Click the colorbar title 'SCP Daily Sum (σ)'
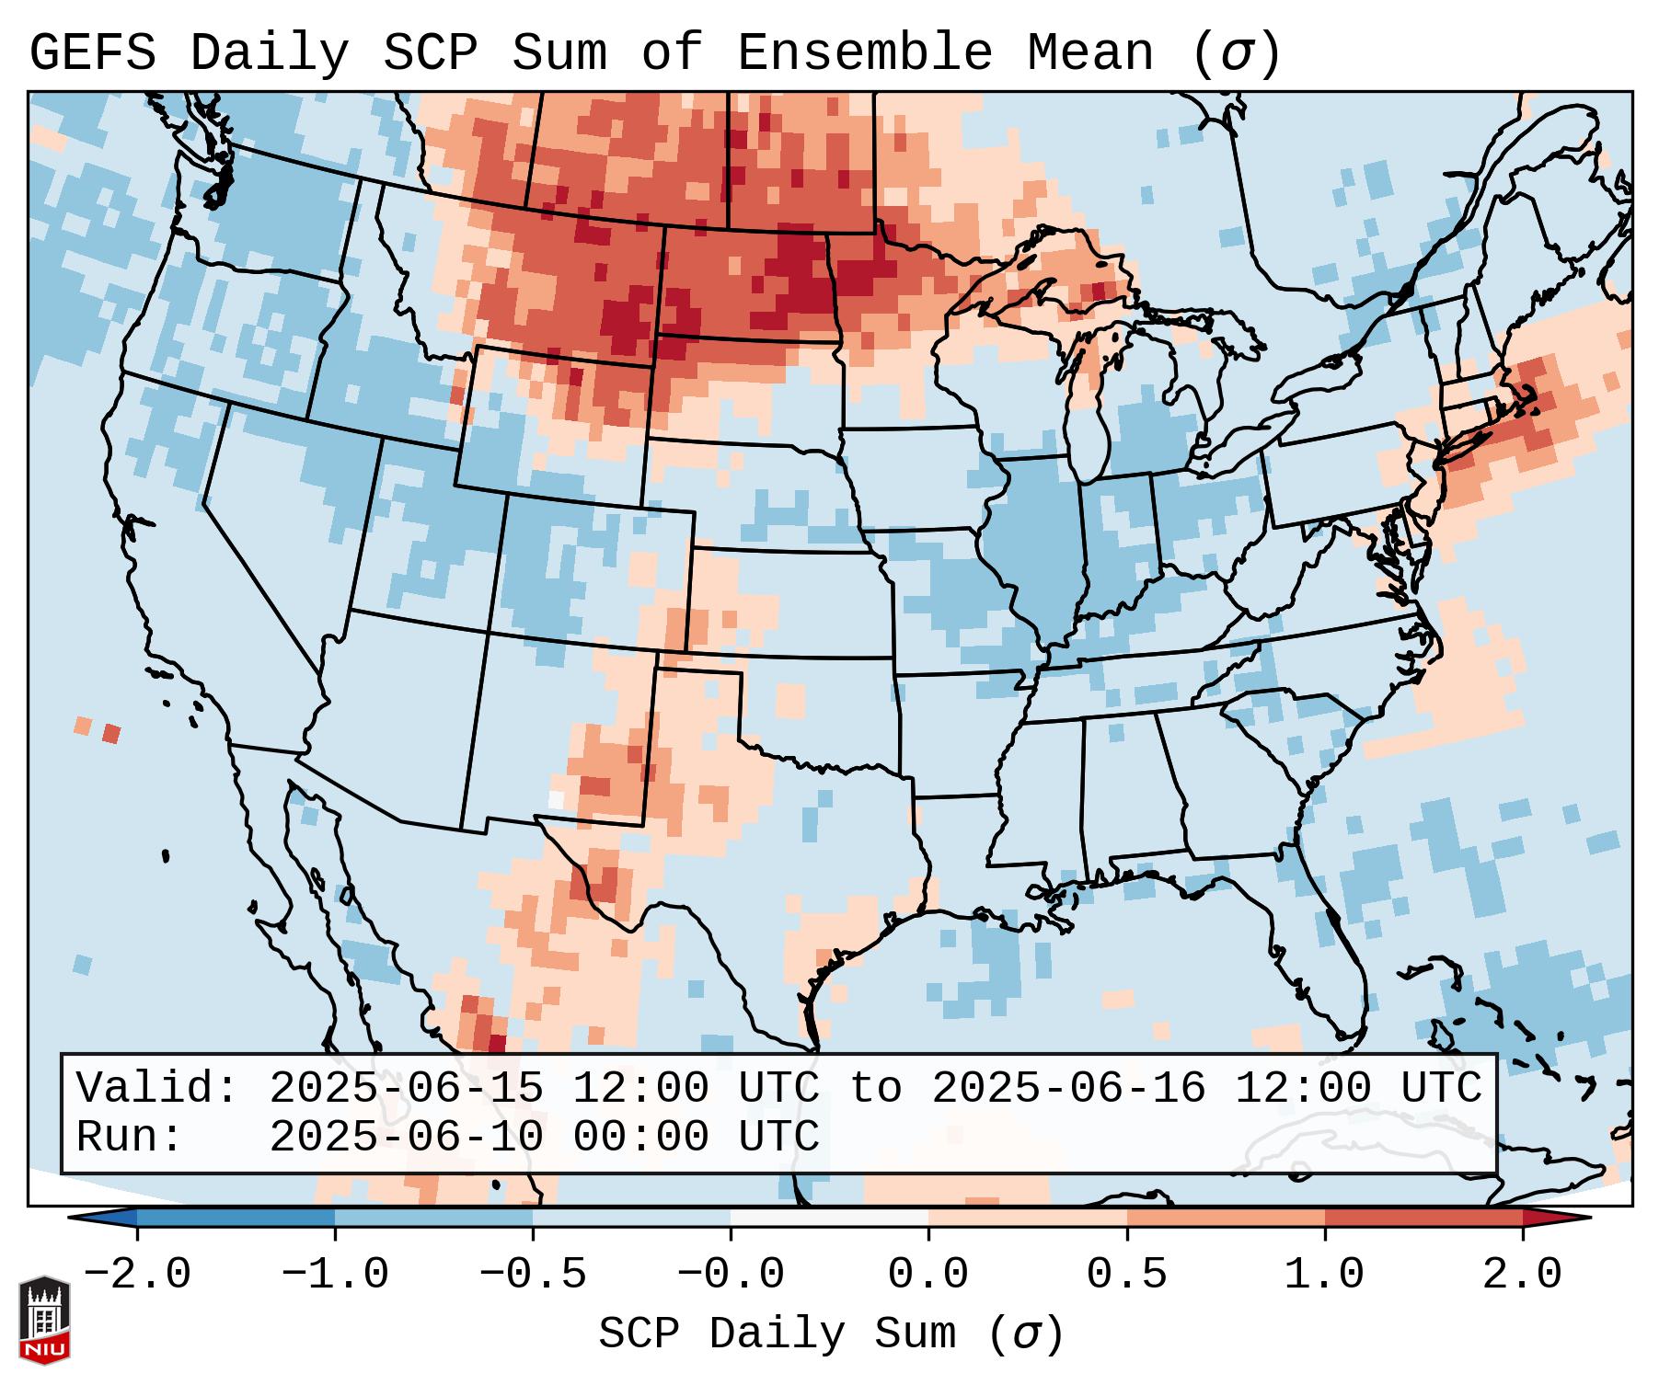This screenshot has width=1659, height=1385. tap(831, 1334)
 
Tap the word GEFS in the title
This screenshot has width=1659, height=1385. tap(92, 53)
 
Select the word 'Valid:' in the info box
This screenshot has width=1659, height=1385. tap(157, 1089)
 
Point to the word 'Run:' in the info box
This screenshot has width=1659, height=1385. tap(130, 1138)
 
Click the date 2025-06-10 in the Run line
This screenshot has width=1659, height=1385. tap(406, 1138)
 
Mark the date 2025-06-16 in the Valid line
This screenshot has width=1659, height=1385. tap(1068, 1089)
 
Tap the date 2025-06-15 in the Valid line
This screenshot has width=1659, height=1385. tap(406, 1089)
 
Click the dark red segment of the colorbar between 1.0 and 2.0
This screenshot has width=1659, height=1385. tap(1423, 1218)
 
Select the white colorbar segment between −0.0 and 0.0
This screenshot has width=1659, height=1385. tap(829, 1218)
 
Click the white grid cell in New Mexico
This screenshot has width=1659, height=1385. tap(556, 799)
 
